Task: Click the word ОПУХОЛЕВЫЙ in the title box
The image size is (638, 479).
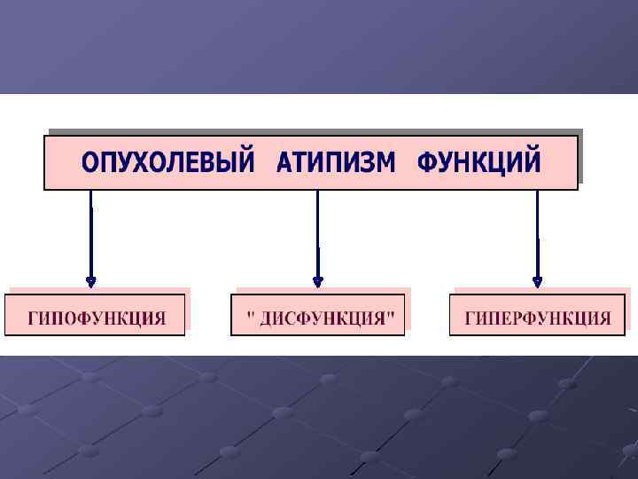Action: (167, 163)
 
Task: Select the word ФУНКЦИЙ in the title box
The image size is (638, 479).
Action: (478, 163)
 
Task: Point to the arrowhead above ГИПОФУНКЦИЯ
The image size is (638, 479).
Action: (90, 281)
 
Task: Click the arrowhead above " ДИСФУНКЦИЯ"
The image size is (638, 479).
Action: (318, 281)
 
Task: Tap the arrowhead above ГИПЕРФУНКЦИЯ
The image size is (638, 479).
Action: (537, 281)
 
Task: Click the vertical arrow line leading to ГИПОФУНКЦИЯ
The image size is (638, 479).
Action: (90, 235)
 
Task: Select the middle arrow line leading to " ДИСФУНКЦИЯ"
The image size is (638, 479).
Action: (318, 235)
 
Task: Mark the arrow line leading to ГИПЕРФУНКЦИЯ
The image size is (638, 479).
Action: (537, 235)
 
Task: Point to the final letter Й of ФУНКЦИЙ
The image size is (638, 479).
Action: (530, 162)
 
